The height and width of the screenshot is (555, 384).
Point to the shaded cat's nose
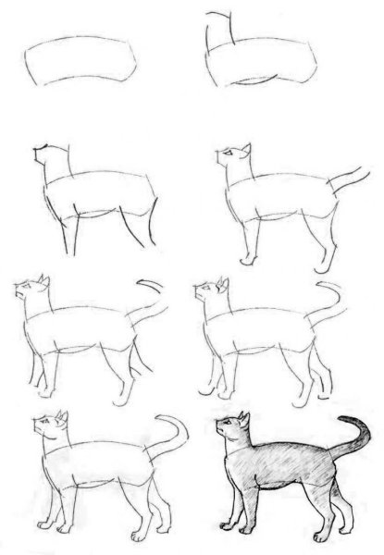coord(218,430)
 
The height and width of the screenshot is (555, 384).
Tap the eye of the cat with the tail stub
coord(229,152)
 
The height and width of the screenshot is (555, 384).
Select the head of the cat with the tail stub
coord(233,155)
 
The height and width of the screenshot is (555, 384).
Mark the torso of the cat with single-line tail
coord(88,328)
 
